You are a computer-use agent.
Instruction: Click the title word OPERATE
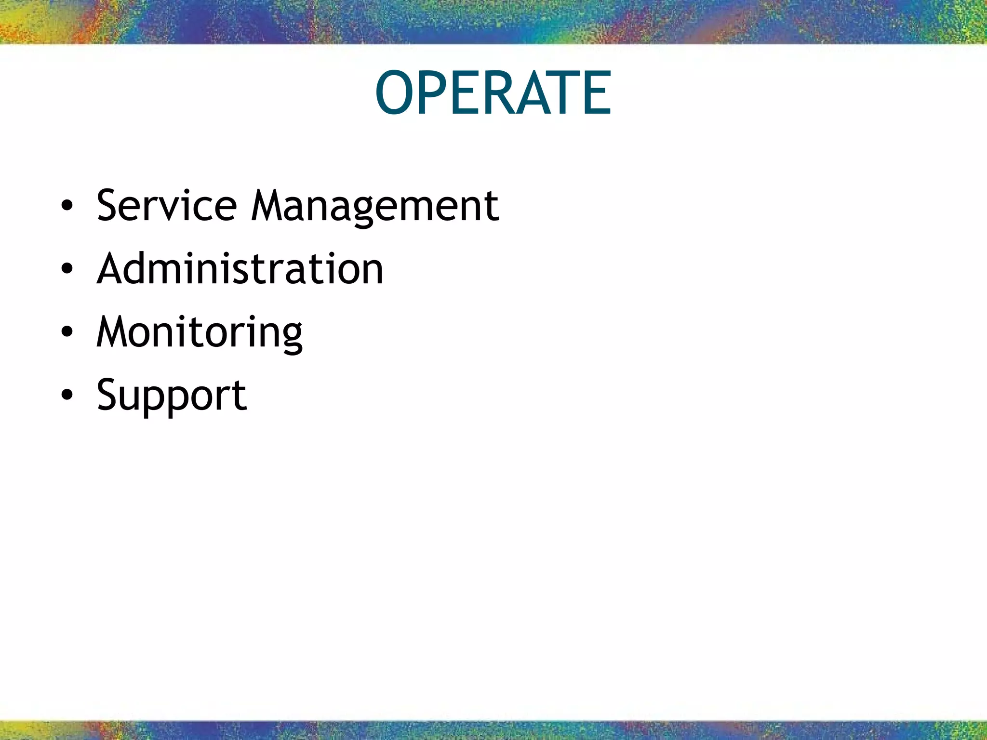(493, 93)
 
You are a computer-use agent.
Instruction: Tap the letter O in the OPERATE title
(398, 93)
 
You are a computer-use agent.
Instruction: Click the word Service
(166, 206)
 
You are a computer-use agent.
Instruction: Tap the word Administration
(240, 268)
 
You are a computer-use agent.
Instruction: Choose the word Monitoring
(199, 332)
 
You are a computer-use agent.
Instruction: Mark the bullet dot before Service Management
(67, 207)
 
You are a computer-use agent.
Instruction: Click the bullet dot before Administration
(67, 269)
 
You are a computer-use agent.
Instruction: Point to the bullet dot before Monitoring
(67, 332)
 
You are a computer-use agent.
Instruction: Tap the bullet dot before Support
(67, 396)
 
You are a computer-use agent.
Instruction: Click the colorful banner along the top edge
(493, 21)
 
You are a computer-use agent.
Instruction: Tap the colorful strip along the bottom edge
(493, 730)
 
